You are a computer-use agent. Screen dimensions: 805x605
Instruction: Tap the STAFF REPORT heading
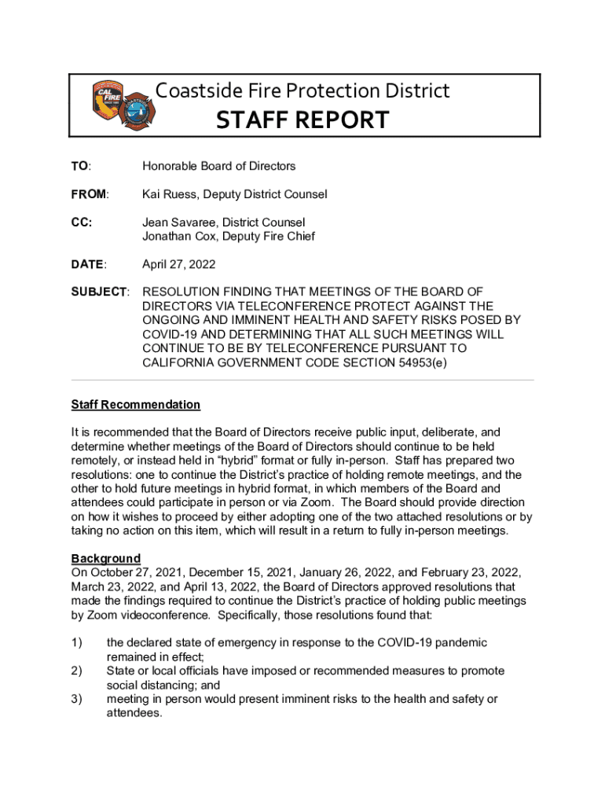point(302,120)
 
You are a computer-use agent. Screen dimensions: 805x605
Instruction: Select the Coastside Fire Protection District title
point(302,91)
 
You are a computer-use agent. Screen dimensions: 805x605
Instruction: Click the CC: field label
point(82,222)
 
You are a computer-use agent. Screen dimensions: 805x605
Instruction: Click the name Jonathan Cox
point(180,237)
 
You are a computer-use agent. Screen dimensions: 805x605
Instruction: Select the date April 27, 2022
point(178,265)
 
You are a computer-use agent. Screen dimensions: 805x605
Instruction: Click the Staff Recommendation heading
point(135,405)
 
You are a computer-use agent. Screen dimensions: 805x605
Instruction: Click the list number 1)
point(77,643)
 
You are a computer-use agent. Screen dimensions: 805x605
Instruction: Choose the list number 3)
point(77,699)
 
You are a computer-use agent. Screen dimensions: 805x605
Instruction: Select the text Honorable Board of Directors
point(218,166)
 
